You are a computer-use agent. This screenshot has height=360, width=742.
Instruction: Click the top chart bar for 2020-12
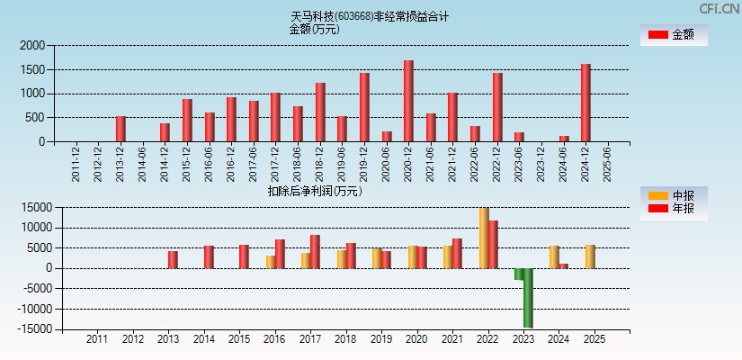click(408, 101)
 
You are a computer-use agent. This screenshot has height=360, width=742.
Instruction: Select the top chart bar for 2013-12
click(121, 129)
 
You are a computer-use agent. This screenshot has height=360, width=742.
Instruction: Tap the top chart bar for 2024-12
click(586, 103)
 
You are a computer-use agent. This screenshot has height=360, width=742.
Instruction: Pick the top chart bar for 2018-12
click(320, 112)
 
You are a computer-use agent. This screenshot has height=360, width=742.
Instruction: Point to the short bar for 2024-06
click(564, 139)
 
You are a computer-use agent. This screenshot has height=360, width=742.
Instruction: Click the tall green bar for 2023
click(528, 297)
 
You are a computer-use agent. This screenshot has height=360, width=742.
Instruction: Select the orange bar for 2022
click(484, 238)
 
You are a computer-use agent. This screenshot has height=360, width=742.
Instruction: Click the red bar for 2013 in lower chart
click(173, 259)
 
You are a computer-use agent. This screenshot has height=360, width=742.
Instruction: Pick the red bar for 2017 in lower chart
click(315, 251)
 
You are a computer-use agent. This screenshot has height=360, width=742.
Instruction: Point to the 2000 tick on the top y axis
click(31, 45)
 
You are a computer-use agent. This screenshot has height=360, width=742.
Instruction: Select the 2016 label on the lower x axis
click(274, 340)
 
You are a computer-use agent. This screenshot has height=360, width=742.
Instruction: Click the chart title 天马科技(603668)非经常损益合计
click(370, 16)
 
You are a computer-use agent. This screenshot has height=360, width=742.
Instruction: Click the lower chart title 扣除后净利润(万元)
click(315, 191)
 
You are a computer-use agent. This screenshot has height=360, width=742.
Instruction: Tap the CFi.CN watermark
click(720, 8)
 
